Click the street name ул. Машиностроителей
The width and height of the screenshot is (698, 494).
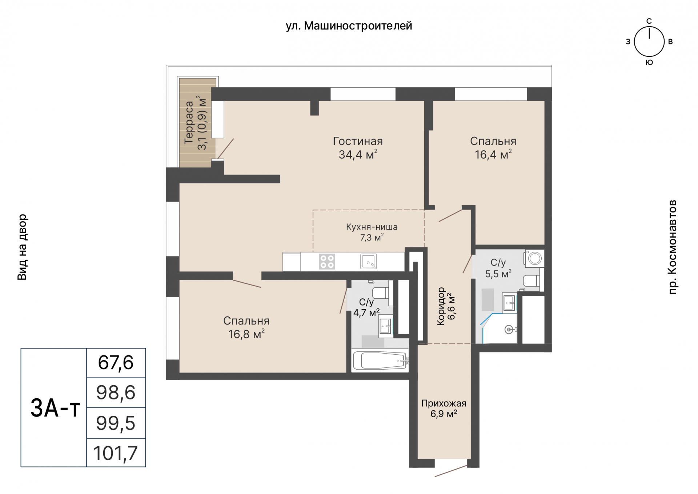[349, 26]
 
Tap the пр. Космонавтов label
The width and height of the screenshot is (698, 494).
[672, 247]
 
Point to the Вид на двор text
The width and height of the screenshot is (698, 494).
[22, 247]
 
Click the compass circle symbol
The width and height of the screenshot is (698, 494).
[649, 42]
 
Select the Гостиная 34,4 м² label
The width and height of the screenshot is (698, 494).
[358, 148]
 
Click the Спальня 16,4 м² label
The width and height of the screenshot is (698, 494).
[493, 148]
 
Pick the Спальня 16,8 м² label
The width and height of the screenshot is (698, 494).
[246, 327]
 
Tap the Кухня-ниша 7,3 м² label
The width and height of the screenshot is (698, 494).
[372, 232]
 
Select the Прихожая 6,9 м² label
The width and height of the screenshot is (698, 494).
[444, 409]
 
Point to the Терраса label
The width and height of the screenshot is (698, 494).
[189, 123]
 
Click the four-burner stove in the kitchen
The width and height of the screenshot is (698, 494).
[326, 262]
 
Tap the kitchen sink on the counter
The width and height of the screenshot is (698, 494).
[368, 261]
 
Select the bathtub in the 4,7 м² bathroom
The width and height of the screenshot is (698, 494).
[380, 360]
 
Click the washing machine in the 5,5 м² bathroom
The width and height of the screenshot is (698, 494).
[534, 258]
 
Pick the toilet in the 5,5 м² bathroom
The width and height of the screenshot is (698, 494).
[531, 281]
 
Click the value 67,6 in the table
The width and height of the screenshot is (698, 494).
[116, 363]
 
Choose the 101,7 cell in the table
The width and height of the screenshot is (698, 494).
[116, 453]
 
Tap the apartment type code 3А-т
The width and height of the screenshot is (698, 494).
[55, 407]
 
